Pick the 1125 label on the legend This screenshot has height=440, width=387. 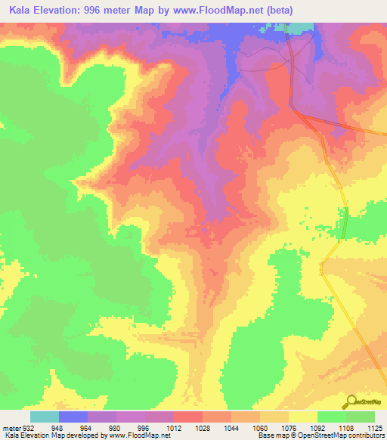pyautogui.click(x=374, y=428)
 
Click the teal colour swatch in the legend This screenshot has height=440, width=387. pyautogui.click(x=45, y=417)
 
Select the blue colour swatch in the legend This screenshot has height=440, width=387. pyautogui.click(x=73, y=417)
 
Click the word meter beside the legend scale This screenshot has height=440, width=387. pyautogui.click(x=11, y=428)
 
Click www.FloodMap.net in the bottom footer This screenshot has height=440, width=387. pyautogui.click(x=138, y=436)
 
